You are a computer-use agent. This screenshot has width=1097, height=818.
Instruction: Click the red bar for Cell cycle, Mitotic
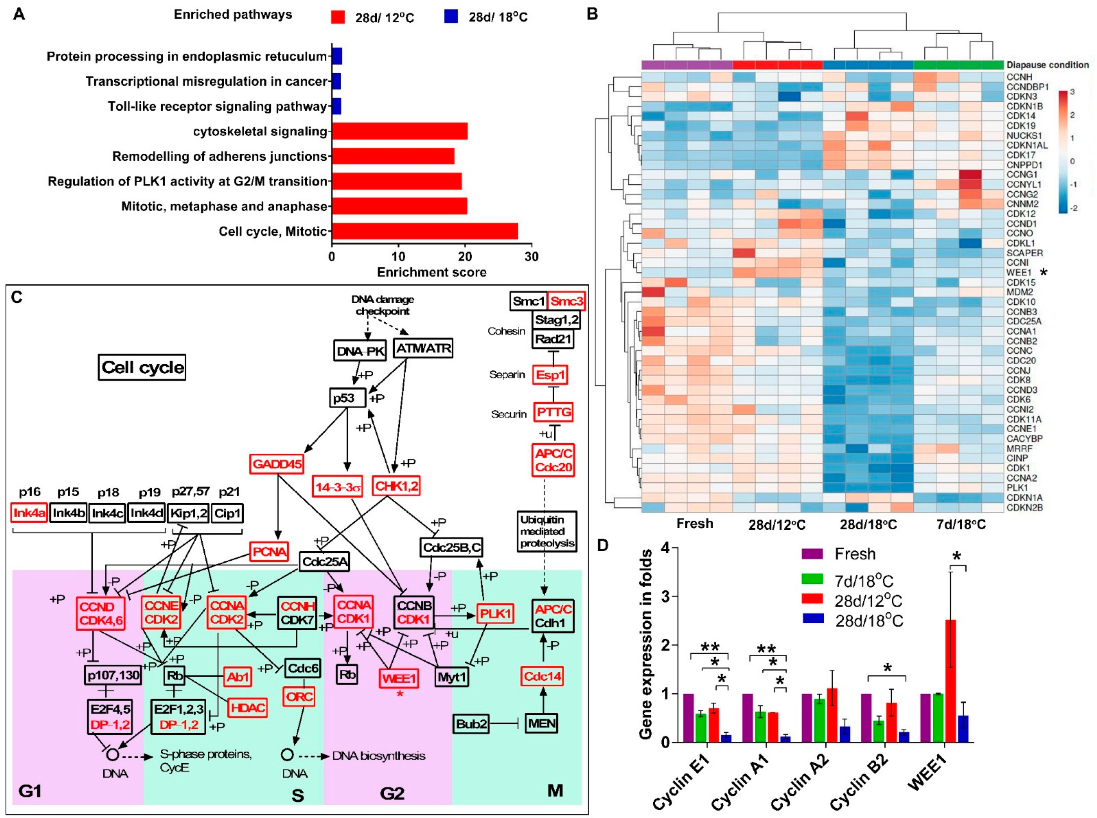point(424,231)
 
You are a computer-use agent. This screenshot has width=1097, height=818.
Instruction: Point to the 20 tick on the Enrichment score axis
point(465,257)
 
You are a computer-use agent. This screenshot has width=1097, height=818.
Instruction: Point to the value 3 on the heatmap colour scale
point(1072,92)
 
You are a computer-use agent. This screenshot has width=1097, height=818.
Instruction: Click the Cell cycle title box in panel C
point(142,367)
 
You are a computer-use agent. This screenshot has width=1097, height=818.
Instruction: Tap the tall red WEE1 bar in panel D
point(951,681)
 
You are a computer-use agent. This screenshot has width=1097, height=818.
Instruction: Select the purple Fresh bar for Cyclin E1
point(688,717)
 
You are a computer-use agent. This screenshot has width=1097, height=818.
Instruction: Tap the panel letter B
point(592,14)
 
